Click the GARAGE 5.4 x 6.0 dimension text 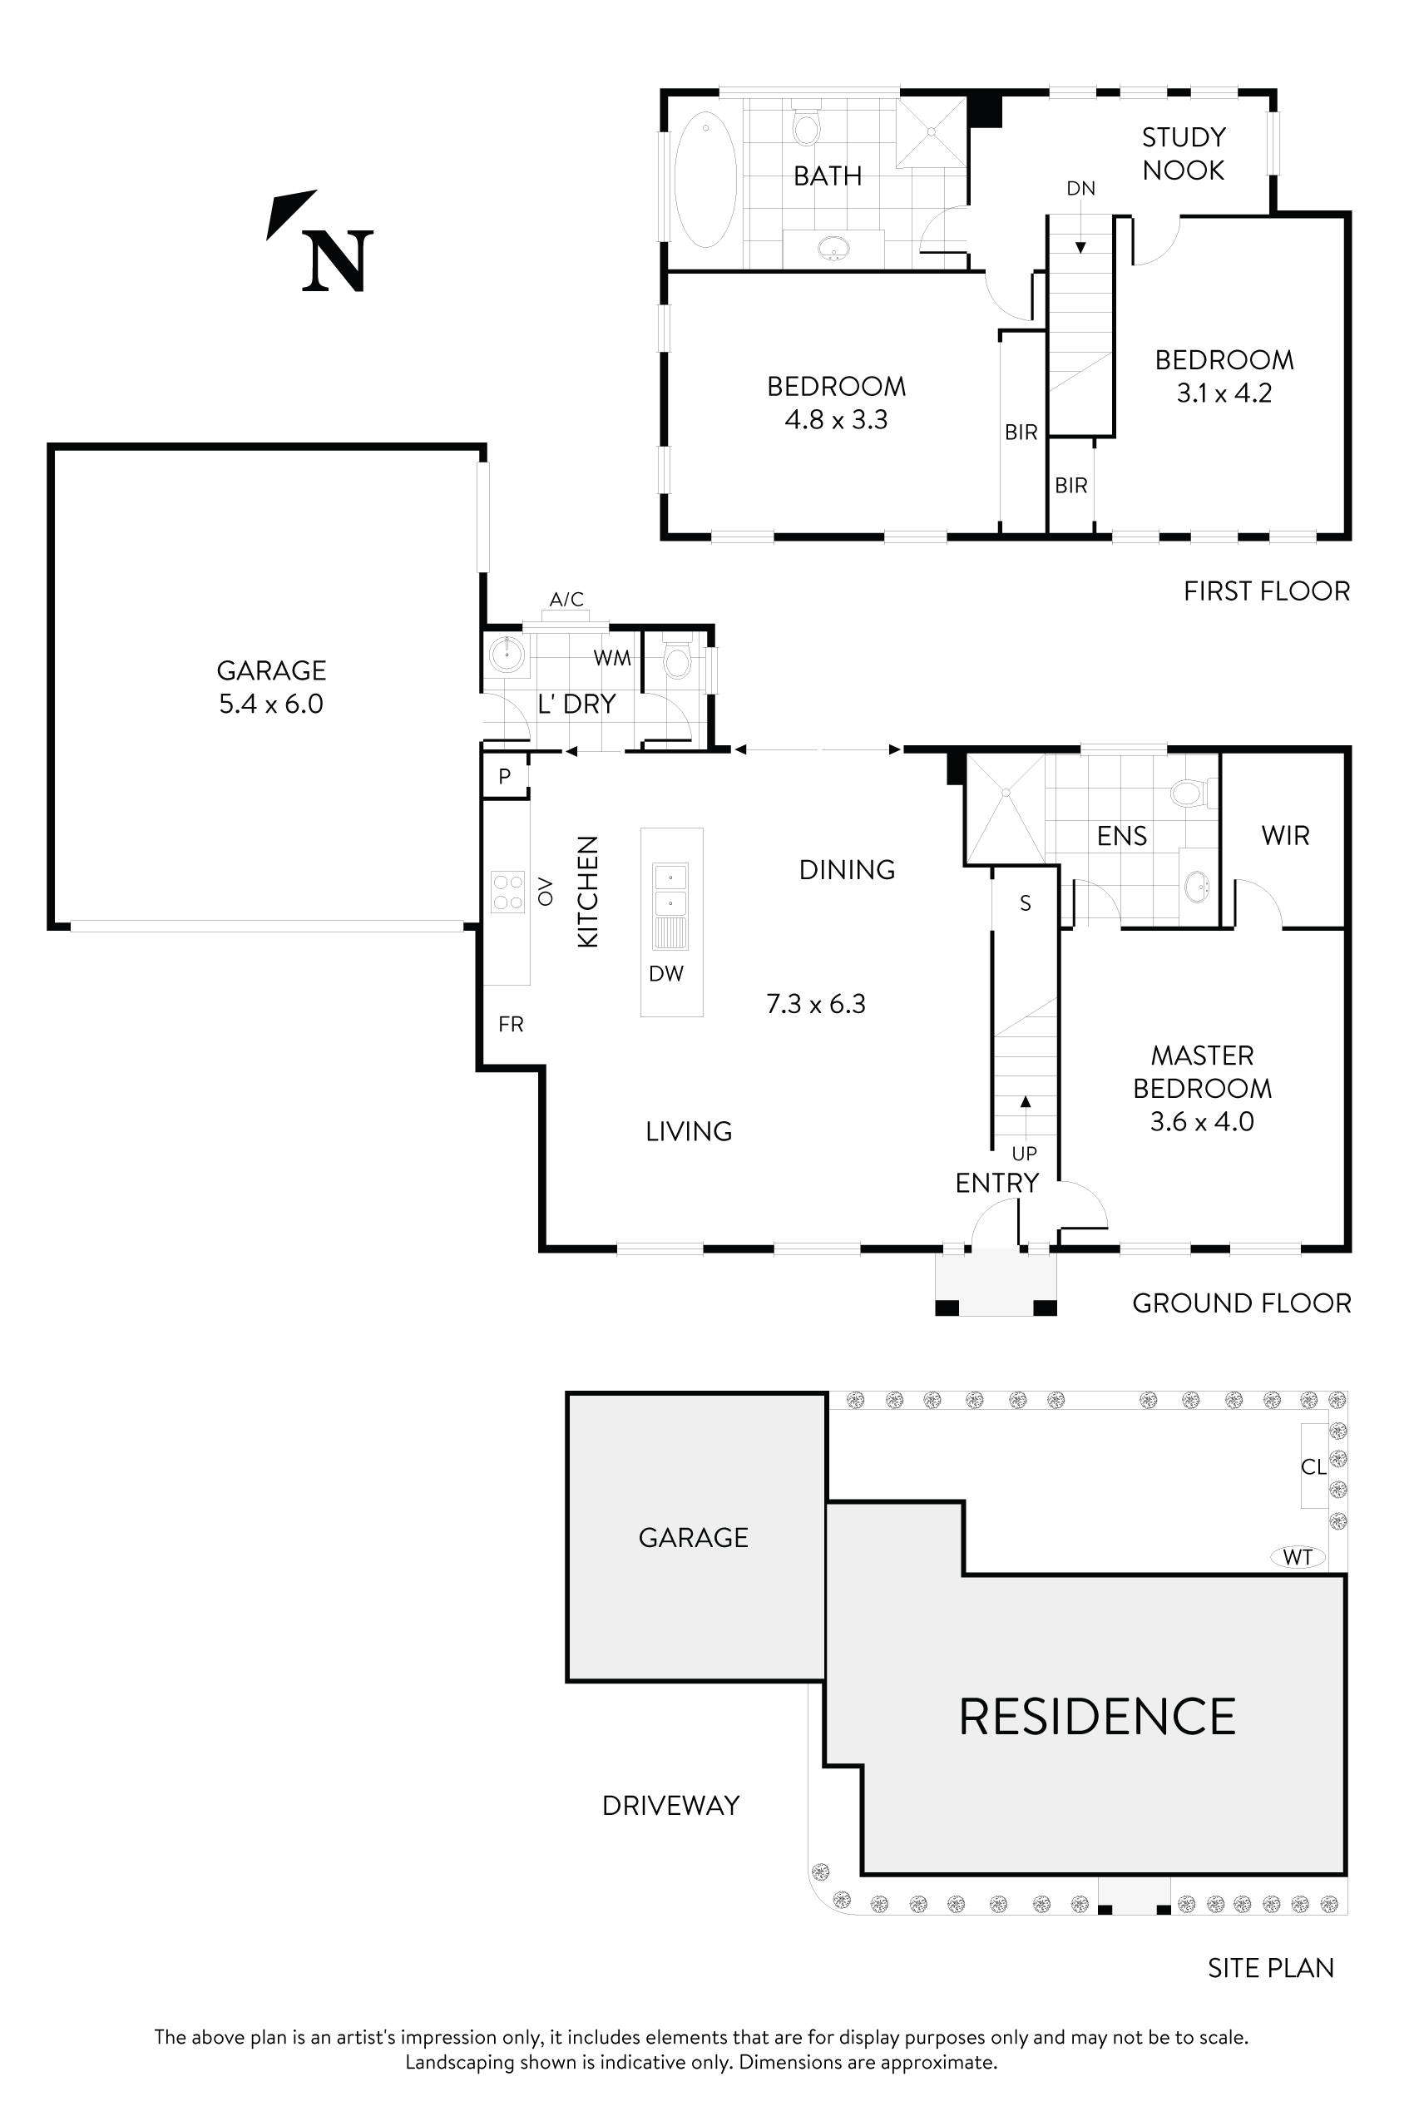271,704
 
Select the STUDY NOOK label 1183,153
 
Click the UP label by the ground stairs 1025,1154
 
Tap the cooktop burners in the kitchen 507,892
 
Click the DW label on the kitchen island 666,973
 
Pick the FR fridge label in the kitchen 511,1024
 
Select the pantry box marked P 505,775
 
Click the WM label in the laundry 611,658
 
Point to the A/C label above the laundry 566,599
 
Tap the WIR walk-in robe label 1285,835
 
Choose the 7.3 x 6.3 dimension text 815,1004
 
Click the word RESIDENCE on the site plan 1096,1716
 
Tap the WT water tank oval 1298,1556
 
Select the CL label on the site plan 1313,1467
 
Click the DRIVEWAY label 671,1806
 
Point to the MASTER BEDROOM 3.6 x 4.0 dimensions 1202,1122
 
